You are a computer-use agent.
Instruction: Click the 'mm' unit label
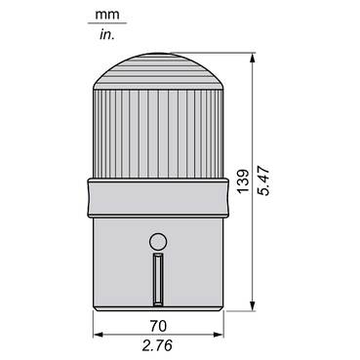pos(107,15)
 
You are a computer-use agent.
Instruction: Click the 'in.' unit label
pos(107,34)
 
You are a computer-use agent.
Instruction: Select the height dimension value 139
pos(243,181)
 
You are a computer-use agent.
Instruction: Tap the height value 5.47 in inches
pos(263,180)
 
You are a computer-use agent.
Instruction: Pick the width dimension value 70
pos(158,326)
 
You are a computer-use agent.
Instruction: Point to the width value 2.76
pos(157,345)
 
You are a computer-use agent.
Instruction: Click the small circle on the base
pos(158,242)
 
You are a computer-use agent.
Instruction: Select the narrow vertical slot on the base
pos(158,280)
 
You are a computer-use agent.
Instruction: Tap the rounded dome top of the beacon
pos(158,71)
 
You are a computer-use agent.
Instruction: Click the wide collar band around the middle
pos(158,198)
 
